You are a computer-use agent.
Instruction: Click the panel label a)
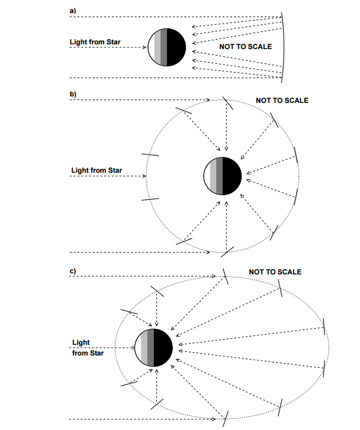click(72, 11)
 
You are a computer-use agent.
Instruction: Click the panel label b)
click(73, 94)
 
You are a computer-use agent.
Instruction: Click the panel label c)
click(72, 271)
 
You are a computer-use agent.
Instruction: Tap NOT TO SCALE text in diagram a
click(246, 47)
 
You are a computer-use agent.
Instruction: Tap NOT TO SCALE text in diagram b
click(282, 101)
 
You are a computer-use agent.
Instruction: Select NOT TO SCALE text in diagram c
click(275, 271)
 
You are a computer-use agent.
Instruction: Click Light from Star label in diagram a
click(95, 42)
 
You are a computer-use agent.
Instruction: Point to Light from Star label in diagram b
click(97, 170)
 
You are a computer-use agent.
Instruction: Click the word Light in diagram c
click(81, 342)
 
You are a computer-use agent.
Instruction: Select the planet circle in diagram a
click(167, 47)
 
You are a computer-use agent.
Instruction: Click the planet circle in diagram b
click(223, 176)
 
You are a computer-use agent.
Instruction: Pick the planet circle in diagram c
click(154, 348)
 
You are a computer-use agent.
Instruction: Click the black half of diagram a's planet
click(176, 47)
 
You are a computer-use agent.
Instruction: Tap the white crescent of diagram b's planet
click(207, 176)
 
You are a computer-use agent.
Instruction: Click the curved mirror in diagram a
click(284, 47)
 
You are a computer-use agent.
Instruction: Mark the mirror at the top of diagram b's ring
click(227, 103)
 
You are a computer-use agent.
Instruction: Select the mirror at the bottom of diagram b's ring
click(227, 252)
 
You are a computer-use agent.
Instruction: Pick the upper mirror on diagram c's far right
click(324, 326)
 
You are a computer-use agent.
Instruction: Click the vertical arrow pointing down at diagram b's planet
click(226, 125)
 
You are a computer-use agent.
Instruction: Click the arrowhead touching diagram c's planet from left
click(133, 348)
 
